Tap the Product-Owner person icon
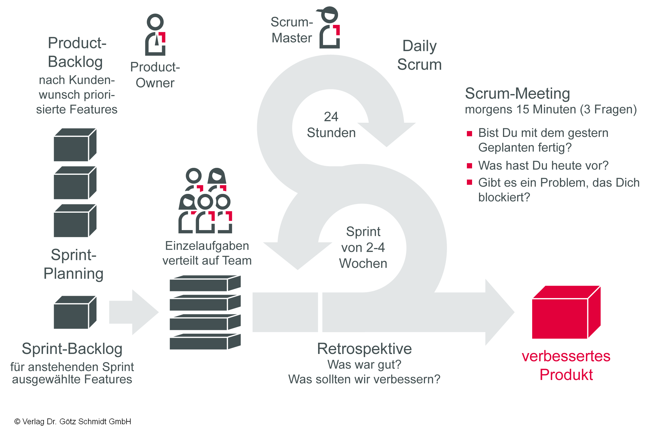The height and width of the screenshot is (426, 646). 155,35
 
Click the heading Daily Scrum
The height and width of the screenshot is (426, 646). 419,55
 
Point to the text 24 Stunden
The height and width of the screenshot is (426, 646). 331,125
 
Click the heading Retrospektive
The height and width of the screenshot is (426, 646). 364,348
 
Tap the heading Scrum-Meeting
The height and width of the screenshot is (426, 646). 517,93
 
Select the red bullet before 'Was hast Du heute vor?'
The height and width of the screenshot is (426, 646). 469,166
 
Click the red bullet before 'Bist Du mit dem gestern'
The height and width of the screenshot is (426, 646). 469,133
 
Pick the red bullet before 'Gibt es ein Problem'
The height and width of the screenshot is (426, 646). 469,182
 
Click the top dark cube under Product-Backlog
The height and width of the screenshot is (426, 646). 75,145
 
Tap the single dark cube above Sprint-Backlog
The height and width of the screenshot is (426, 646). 75,312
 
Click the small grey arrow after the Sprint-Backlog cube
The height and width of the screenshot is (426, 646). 133,312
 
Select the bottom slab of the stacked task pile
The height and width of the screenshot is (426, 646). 205,342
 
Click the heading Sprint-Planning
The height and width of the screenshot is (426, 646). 73,264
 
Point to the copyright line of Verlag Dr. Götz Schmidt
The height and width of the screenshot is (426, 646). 73,421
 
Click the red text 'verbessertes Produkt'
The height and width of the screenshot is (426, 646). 566,365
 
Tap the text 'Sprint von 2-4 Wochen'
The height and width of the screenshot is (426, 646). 363,247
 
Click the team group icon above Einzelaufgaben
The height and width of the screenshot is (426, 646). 205,201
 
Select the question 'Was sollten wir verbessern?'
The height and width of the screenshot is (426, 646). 364,379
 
